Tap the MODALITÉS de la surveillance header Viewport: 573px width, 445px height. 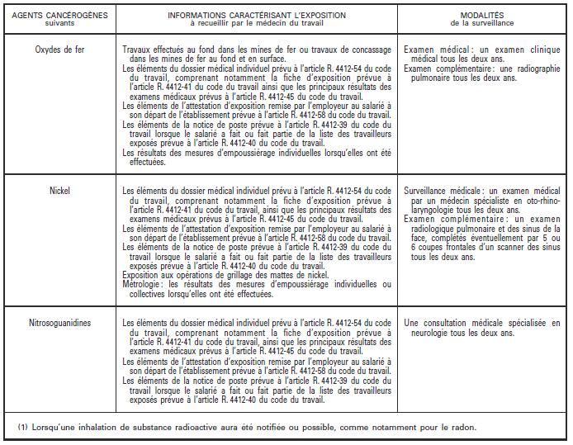(482, 15)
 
